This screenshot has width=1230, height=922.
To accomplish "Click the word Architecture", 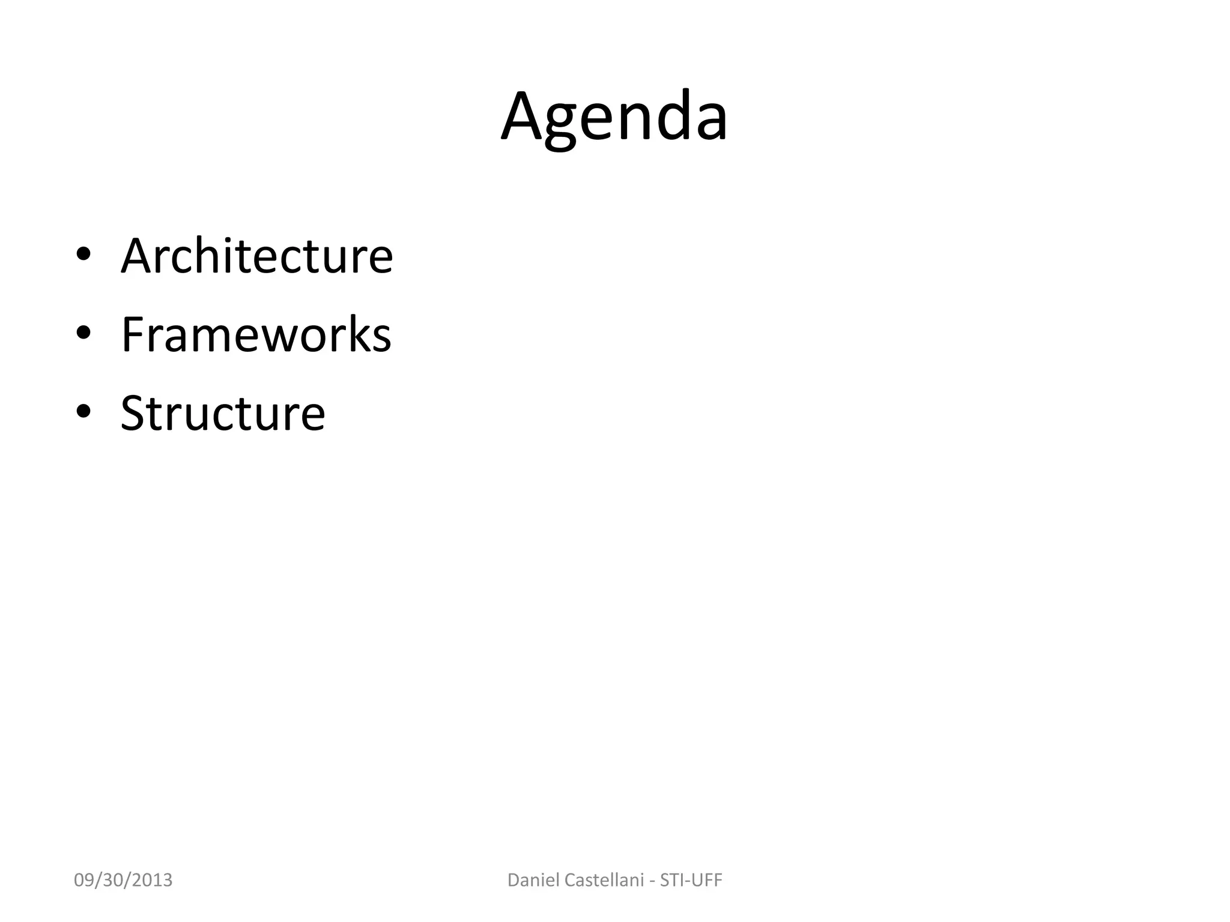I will [x=257, y=256].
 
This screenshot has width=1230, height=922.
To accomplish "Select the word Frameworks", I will [x=256, y=334].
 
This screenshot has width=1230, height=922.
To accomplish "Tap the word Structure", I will [x=223, y=413].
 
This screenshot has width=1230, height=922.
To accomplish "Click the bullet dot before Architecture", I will [x=83, y=255].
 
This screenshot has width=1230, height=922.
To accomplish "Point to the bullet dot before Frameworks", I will [x=83, y=333].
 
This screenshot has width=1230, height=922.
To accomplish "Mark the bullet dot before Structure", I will [x=83, y=412].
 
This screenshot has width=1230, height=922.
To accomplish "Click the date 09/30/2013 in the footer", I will [x=123, y=880].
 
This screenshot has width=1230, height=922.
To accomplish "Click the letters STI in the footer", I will [x=673, y=880].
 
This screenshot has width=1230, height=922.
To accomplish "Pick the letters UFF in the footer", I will [x=706, y=880].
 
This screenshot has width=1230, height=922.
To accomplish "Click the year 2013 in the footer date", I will [x=153, y=880].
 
